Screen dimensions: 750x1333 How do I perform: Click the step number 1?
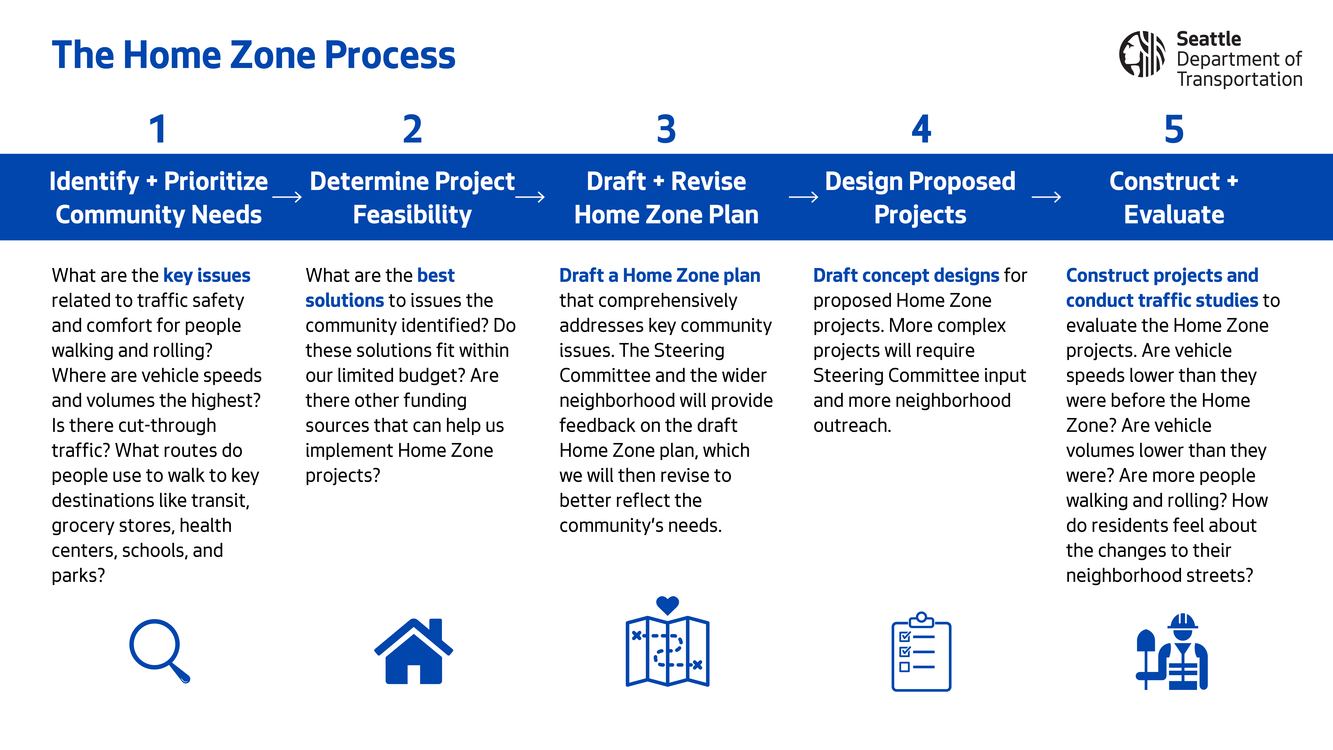coord(158,129)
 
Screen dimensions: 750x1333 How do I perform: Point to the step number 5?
coord(1174,129)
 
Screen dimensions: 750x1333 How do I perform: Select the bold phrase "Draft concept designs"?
coord(906,275)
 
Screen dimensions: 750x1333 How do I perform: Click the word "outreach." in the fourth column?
coord(852,425)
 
